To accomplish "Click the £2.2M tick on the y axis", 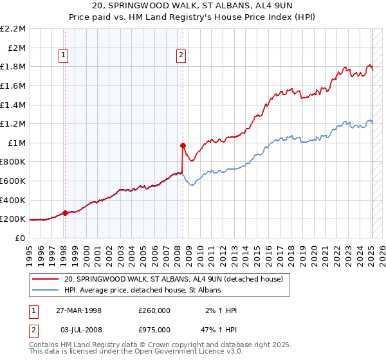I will pos(14,29).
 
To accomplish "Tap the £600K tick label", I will pos(14,181).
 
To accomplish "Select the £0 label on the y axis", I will pos(21,238).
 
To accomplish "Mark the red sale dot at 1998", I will pos(66,213).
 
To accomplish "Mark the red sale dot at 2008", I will pos(183,145).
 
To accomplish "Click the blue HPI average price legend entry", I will pos(142,290).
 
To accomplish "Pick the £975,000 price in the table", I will pos(154,329).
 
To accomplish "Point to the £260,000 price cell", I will pos(154,310).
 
